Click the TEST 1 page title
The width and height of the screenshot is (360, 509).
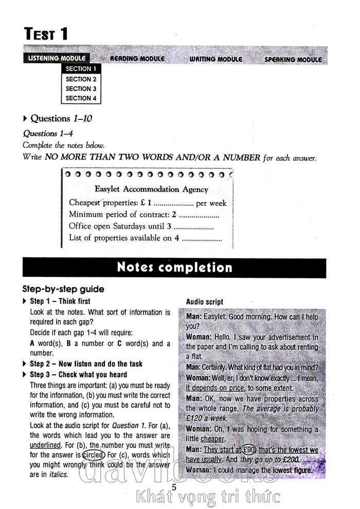[46, 34]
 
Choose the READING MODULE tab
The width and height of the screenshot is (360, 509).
[137, 59]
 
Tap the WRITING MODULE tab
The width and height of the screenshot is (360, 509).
[215, 59]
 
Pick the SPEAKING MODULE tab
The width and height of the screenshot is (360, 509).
[293, 60]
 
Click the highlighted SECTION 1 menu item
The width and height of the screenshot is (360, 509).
[81, 68]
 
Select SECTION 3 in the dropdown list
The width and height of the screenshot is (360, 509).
[81, 89]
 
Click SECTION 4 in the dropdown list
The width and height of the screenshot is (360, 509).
[81, 98]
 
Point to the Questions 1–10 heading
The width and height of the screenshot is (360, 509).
[61, 118]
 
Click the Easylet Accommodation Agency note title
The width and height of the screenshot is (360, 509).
[151, 189]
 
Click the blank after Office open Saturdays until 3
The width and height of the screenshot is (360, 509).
[193, 226]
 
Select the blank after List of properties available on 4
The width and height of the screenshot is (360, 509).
[202, 238]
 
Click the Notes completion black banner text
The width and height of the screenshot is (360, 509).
[174, 268]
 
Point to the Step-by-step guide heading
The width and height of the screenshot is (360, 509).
[63, 289]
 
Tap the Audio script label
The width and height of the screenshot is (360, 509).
[205, 302]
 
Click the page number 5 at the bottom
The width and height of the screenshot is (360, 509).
[174, 487]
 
